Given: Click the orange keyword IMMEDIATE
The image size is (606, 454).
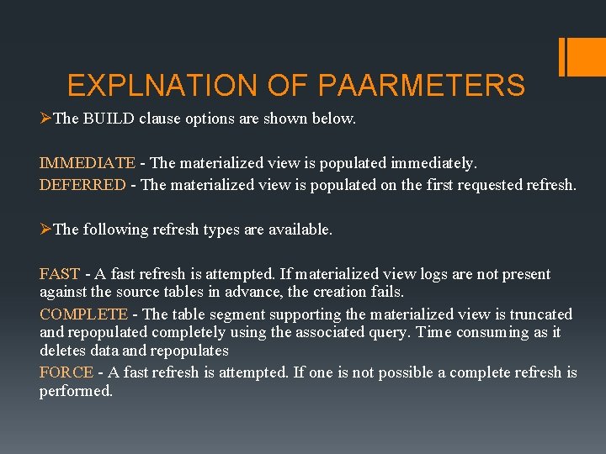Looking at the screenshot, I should [x=87, y=162].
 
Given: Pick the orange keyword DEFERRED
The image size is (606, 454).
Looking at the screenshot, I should [x=82, y=184].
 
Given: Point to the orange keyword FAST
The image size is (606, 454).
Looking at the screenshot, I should [x=60, y=274].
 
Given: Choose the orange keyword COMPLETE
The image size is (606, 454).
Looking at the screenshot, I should [x=83, y=314].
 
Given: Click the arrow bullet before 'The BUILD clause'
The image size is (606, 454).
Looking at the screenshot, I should [x=45, y=119].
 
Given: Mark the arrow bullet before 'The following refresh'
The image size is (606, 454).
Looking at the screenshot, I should [x=45, y=229].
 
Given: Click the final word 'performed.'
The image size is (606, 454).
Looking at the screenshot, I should [x=76, y=391].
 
